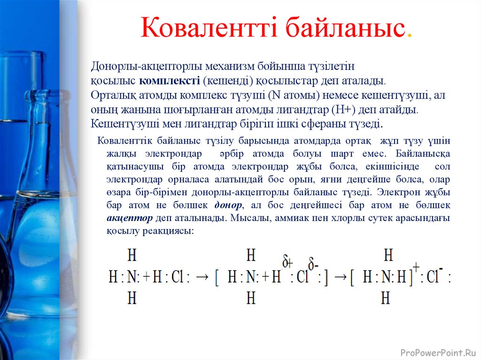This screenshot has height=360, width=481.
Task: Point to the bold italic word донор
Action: pyautogui.click(x=228, y=206)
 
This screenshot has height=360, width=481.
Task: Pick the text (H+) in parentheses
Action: pyautogui.click(x=346, y=110)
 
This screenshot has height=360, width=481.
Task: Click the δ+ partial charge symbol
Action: pyautogui.click(x=287, y=261)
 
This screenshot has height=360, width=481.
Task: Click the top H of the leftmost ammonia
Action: pyautogui.click(x=132, y=256)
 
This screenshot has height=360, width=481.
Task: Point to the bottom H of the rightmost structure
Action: pyautogui.click(x=386, y=299)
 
